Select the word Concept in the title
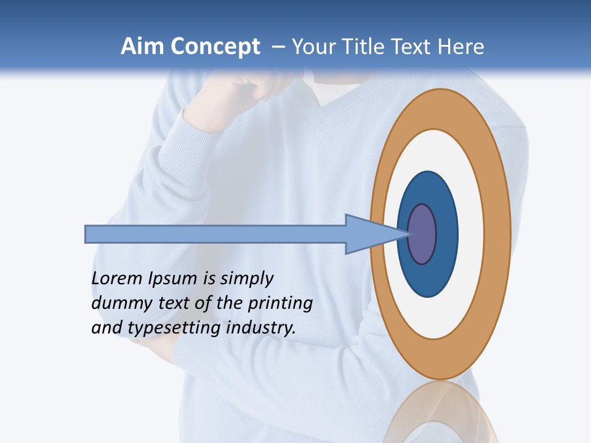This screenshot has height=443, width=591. [x=215, y=47]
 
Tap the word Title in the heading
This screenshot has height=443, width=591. [x=369, y=47]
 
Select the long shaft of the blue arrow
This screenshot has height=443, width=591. [x=215, y=234]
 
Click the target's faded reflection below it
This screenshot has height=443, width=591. [x=441, y=415]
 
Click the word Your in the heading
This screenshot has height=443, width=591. [x=313, y=47]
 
